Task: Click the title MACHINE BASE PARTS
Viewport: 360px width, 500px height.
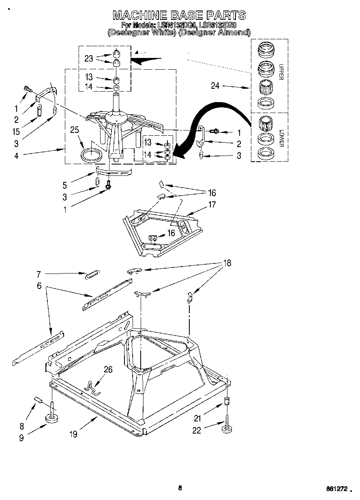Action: [179, 15]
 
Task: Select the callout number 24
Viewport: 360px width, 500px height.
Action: [215, 85]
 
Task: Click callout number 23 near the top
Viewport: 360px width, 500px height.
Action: [89, 58]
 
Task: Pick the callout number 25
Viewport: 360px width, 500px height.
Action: [74, 130]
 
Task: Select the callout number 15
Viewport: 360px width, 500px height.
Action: [16, 132]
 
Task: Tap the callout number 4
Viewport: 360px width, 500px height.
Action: [16, 155]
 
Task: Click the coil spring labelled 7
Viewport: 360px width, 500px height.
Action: [92, 274]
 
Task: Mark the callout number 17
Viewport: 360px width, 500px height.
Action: [212, 205]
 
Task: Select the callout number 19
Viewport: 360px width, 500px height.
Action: [73, 434]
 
